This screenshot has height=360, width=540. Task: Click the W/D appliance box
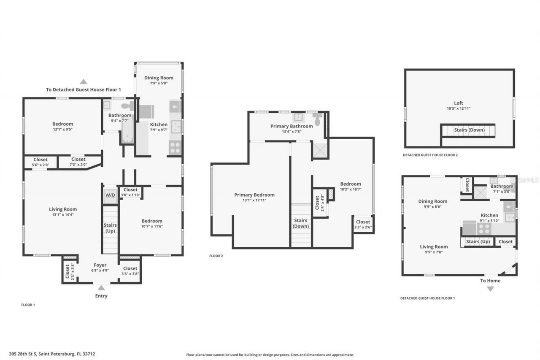110,195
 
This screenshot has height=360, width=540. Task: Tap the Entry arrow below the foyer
101,288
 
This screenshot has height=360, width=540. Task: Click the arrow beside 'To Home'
490,289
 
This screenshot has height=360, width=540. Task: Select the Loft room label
459,103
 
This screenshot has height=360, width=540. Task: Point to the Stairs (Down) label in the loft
469,130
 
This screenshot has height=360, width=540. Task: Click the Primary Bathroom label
292,126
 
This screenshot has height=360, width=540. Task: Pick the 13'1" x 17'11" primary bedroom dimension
254,200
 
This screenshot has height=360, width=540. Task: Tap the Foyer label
100,265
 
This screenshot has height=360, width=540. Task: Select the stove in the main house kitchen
175,148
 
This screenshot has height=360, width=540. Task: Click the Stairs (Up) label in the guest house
478,242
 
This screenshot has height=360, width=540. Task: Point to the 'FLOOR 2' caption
216,256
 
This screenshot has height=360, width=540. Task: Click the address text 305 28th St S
52,354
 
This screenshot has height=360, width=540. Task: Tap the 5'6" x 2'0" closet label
40,165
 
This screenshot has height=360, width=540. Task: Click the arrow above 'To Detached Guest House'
84,81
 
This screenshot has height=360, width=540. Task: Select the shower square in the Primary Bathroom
319,150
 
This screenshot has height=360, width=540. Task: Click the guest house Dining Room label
432,201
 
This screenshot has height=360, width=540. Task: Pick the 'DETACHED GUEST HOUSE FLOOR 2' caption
430,155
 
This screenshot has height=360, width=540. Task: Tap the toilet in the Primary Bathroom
317,120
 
